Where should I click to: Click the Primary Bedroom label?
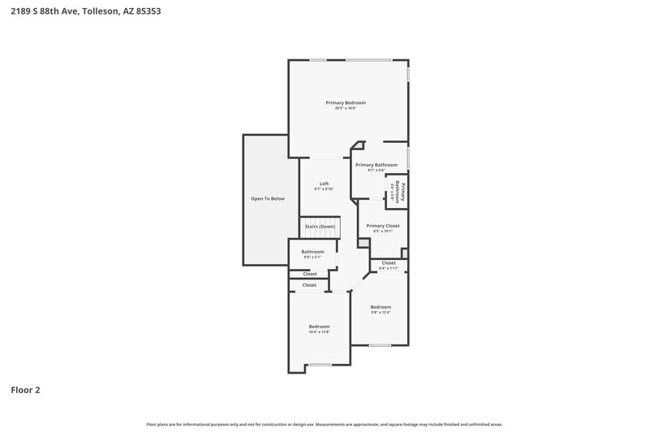(x=346, y=102)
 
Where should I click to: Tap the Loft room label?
(x=324, y=183)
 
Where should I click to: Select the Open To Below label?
(x=267, y=198)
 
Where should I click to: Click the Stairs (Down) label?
(x=320, y=227)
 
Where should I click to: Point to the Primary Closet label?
(x=383, y=225)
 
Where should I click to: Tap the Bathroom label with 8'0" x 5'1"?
(x=312, y=252)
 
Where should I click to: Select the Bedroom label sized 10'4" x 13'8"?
(x=319, y=326)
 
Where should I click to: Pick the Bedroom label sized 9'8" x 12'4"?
(x=380, y=307)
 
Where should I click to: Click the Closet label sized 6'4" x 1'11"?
(x=389, y=263)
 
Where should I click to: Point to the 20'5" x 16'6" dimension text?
(x=346, y=108)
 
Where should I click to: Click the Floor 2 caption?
(x=25, y=390)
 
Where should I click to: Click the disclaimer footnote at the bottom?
(x=324, y=424)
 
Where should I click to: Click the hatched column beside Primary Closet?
(x=363, y=243)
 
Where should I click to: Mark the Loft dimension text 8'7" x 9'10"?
(x=324, y=188)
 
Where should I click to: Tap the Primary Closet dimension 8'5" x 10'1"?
(x=383, y=231)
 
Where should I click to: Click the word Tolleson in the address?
(x=102, y=11)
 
